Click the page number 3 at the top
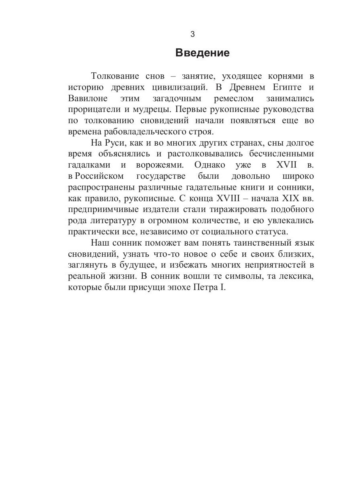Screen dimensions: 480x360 [x=192, y=34]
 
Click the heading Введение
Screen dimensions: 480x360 [x=202, y=53]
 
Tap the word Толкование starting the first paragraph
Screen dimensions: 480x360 [x=115, y=76]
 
